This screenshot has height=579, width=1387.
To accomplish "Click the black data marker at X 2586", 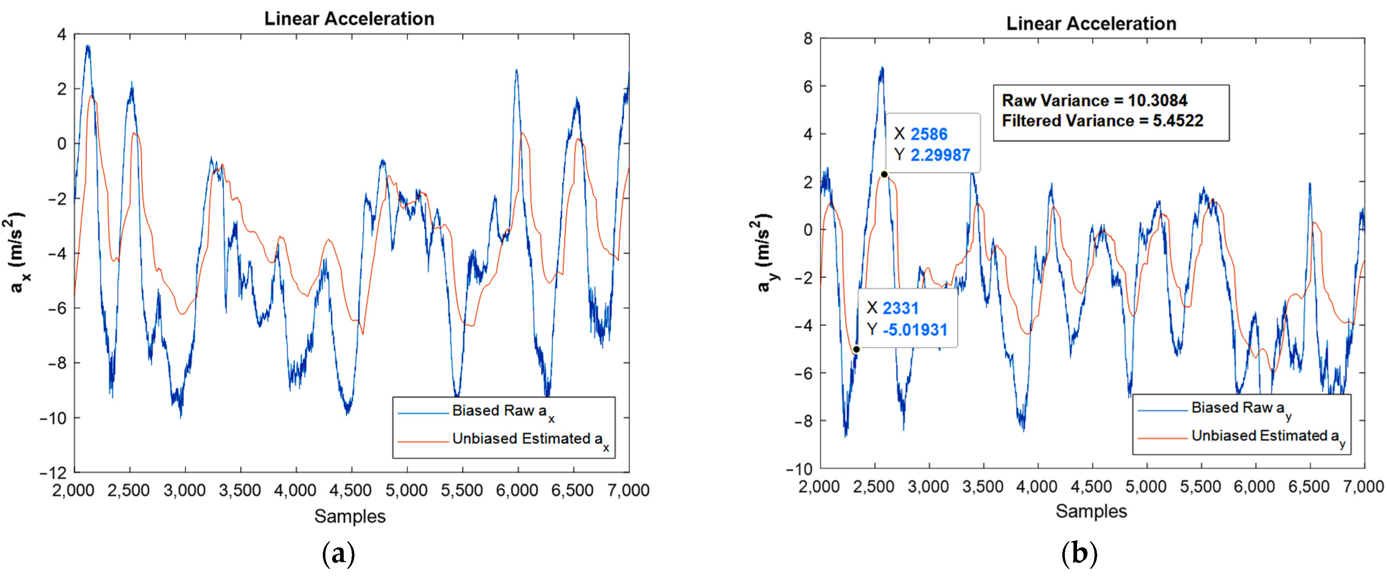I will [x=884, y=174].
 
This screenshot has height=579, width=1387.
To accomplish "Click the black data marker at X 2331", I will [x=856, y=350].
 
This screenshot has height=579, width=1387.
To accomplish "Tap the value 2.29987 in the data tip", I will [x=940, y=155].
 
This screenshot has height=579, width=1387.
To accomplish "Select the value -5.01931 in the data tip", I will [x=915, y=330].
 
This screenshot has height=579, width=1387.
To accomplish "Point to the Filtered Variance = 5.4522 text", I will [x=1102, y=121].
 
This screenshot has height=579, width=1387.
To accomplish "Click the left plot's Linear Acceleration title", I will [x=349, y=19].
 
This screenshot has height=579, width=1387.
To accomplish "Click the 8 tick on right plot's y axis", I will [x=808, y=39].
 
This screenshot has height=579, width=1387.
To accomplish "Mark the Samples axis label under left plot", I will [x=350, y=516].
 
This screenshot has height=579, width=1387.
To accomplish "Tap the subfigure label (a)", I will [x=338, y=554].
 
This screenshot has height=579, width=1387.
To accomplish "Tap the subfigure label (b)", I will [x=1079, y=554].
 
